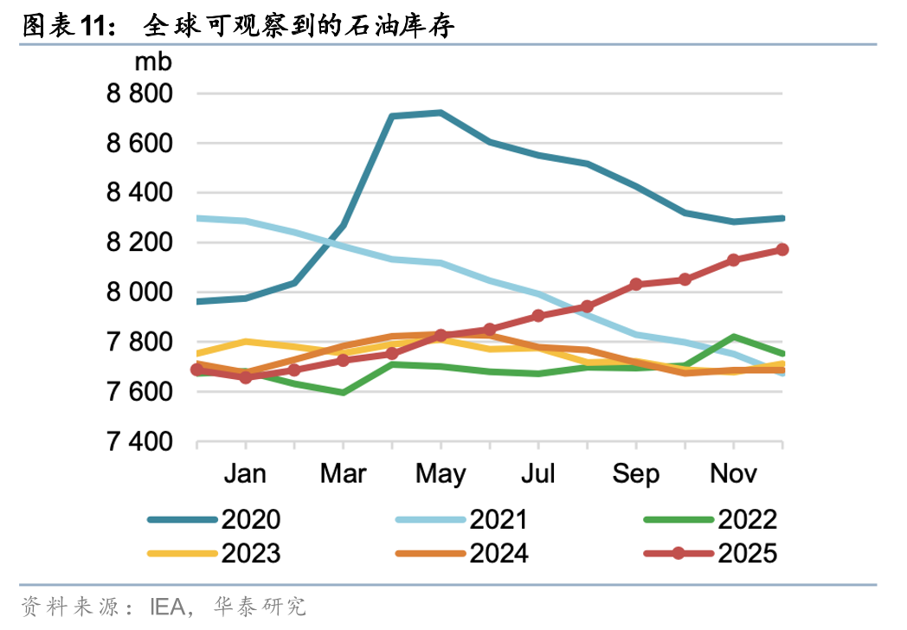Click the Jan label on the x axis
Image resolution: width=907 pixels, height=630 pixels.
246,474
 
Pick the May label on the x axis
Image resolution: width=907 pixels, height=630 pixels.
441,474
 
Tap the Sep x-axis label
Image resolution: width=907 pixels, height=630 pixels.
636,474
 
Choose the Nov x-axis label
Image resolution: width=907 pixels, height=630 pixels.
734,474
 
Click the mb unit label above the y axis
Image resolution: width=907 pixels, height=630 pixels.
153,62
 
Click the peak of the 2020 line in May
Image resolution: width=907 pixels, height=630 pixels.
441,112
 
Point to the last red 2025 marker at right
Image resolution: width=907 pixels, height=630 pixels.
782,249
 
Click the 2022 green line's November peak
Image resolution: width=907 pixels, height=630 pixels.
734,337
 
